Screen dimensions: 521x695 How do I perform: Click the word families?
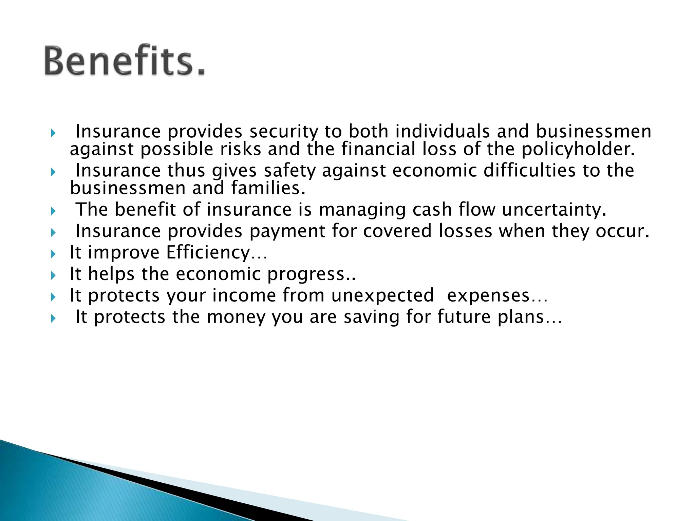coord(268,188)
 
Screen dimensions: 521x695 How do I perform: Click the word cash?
coord(432,209)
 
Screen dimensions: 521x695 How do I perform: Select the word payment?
coord(287,231)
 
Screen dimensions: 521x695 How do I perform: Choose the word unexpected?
coord(382,295)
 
